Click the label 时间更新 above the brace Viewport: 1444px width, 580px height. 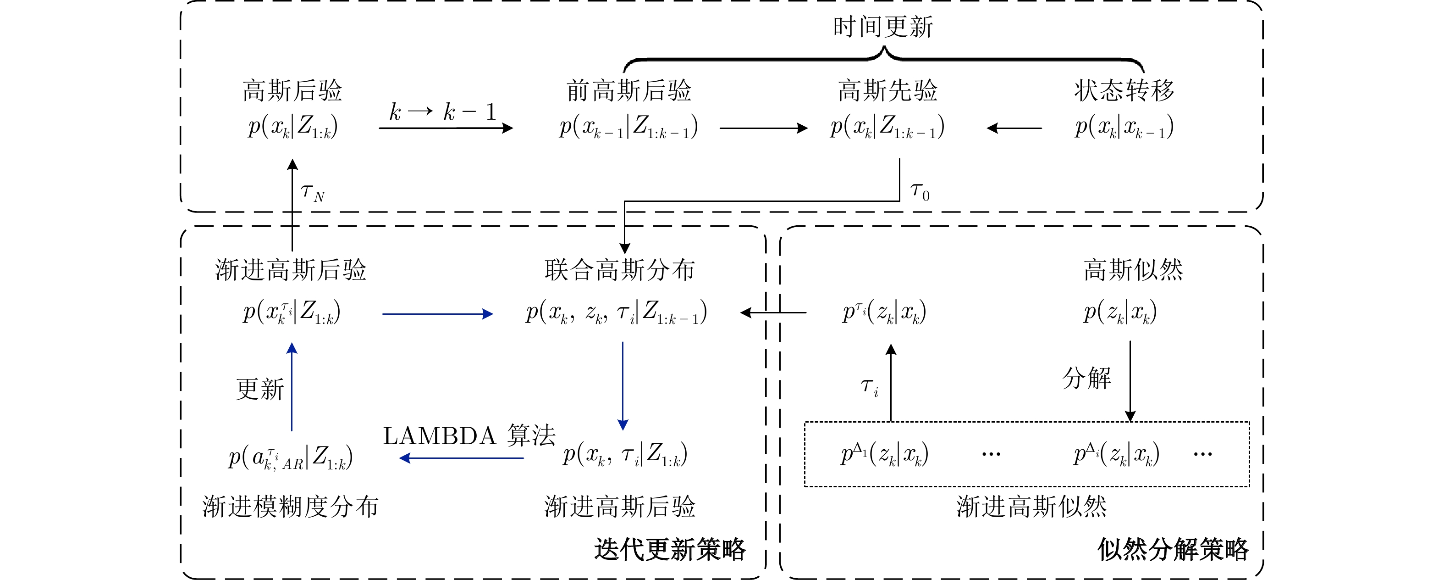click(x=883, y=27)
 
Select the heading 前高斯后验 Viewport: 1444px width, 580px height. click(x=628, y=91)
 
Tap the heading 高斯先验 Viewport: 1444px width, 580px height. click(x=887, y=91)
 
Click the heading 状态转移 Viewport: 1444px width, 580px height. click(x=1124, y=91)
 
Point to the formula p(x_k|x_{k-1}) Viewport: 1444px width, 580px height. click(x=1124, y=127)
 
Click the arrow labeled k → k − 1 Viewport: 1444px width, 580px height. click(x=446, y=128)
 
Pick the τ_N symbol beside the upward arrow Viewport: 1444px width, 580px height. click(x=312, y=192)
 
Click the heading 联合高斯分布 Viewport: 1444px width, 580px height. click(x=619, y=270)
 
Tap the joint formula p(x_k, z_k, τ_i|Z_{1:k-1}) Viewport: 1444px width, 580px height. click(x=616, y=312)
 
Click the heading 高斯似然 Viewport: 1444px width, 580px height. click(x=1133, y=270)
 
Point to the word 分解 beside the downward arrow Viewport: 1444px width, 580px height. click(x=1086, y=378)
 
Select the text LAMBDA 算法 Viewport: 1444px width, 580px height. click(x=468, y=436)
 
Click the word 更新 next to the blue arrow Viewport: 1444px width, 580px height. click(x=260, y=389)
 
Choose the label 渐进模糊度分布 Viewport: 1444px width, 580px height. click(x=290, y=507)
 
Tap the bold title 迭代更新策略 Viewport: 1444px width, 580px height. click(x=670, y=549)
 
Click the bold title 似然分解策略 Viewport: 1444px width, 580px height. click(x=1173, y=549)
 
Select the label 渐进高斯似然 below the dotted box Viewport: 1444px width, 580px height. click(x=1031, y=507)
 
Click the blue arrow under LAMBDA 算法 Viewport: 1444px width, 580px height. click(x=461, y=458)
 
